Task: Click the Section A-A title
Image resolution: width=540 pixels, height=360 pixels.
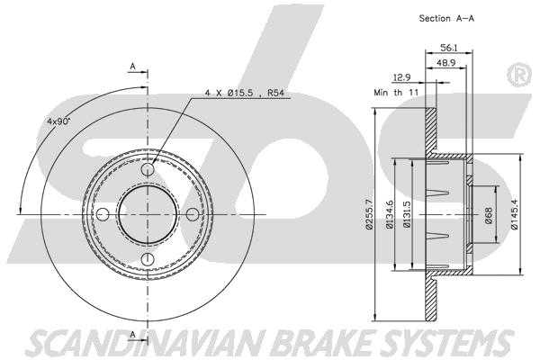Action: (x=446, y=18)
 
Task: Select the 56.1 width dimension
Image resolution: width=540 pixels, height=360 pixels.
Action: (x=449, y=48)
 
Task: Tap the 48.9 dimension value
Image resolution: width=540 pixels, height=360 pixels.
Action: (x=446, y=63)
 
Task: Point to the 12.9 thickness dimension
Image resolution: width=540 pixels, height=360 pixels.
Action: (x=402, y=77)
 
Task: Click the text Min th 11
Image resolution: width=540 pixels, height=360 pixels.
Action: (x=396, y=93)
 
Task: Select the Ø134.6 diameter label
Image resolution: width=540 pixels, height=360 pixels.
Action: (x=390, y=214)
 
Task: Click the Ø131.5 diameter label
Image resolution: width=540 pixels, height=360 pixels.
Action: (x=407, y=214)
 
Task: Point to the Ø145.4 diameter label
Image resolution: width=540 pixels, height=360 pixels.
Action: (x=514, y=214)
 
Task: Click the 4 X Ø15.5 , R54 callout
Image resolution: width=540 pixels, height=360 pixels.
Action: (x=245, y=93)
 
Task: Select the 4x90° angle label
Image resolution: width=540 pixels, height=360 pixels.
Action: (x=58, y=121)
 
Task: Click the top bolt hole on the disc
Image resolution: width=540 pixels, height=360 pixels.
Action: (x=148, y=169)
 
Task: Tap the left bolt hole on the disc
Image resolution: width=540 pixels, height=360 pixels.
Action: (x=103, y=214)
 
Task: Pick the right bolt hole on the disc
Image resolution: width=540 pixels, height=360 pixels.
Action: (x=193, y=214)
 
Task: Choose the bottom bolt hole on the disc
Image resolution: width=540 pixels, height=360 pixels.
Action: (x=148, y=259)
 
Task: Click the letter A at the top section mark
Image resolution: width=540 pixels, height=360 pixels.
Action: (x=133, y=66)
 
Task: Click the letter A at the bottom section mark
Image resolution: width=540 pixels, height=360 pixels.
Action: (x=133, y=334)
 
